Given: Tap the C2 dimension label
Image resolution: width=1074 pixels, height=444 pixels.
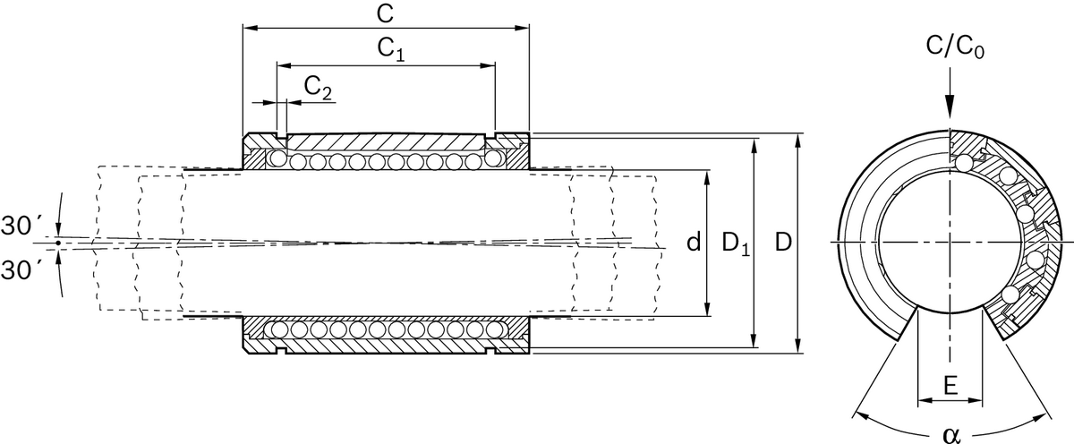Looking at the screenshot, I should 318,87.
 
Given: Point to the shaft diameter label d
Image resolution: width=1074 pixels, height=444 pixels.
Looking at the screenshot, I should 692,242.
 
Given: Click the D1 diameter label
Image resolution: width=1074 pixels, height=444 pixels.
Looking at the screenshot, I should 734,243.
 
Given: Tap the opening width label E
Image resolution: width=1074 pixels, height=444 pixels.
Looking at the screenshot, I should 950,386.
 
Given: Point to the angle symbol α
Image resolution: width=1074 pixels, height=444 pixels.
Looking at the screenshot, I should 950,434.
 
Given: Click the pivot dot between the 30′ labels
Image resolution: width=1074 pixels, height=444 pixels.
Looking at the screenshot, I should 57,243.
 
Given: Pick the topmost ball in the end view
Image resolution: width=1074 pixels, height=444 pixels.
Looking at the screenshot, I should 963,165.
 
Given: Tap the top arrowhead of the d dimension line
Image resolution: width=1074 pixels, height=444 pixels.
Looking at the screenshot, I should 708,174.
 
